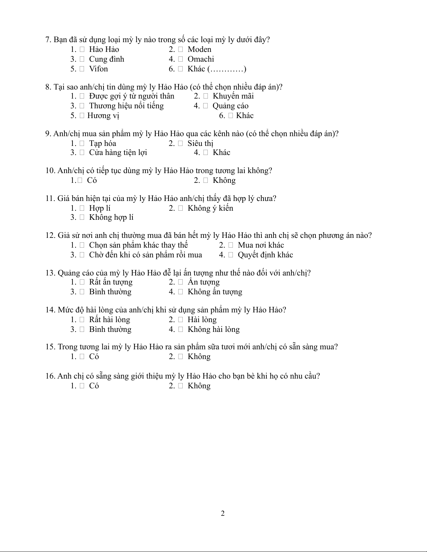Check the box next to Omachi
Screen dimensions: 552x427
(180, 60)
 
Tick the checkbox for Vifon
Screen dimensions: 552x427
(82, 69)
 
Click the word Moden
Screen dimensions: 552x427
(199, 49)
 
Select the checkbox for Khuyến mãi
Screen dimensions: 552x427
(206, 96)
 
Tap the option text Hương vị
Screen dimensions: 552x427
(103, 116)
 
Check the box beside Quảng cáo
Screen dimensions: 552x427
(206, 106)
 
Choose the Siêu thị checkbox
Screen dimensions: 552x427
(180, 143)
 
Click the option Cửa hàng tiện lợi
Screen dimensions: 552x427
(118, 153)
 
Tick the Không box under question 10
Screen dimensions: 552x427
(206, 181)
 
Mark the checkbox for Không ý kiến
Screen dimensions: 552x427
(180, 209)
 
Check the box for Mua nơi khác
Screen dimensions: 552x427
(231, 246)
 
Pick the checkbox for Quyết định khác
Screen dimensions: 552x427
(231, 255)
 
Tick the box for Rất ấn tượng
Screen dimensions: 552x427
(82, 282)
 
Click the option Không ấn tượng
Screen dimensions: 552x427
(215, 292)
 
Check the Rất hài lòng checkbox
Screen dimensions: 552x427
(82, 320)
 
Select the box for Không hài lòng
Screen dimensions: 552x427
(180, 330)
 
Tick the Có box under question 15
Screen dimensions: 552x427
(82, 357)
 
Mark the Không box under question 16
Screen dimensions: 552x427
(180, 386)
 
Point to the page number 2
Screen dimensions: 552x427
(223, 513)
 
